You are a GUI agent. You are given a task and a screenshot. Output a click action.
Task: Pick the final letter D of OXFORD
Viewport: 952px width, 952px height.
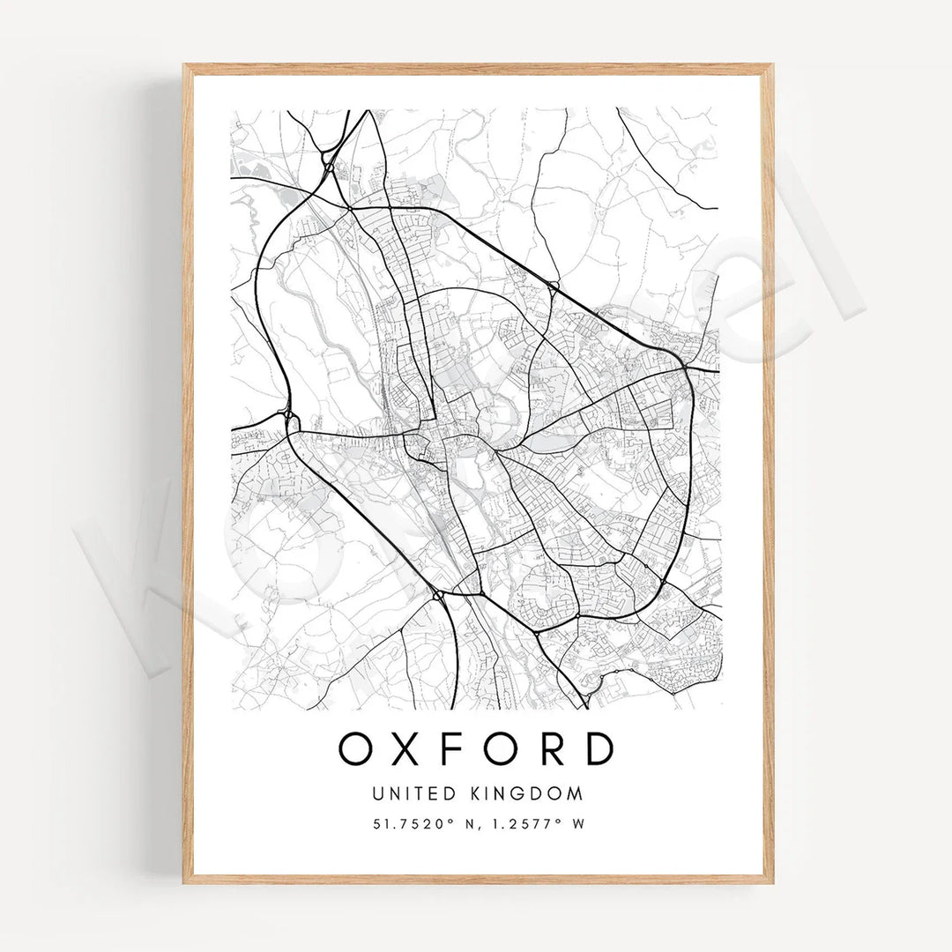tap(599, 748)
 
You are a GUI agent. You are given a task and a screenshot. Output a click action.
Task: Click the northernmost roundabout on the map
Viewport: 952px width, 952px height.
tap(329, 166)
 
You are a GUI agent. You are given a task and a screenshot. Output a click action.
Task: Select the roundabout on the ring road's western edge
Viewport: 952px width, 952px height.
tap(289, 414)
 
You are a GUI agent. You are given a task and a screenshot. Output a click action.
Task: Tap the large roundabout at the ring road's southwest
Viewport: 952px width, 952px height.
tap(438, 596)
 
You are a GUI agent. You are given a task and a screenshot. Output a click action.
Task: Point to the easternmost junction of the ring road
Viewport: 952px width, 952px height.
tap(686, 363)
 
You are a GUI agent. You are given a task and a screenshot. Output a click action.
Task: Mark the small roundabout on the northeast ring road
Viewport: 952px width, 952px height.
tap(553, 285)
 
